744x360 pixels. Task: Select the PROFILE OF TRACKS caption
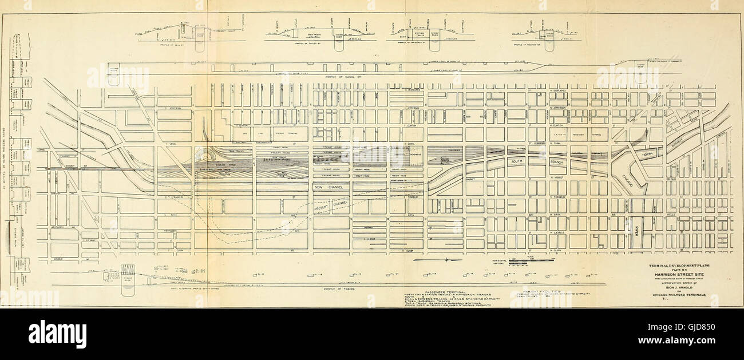pyautogui.click(x=339, y=289)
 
